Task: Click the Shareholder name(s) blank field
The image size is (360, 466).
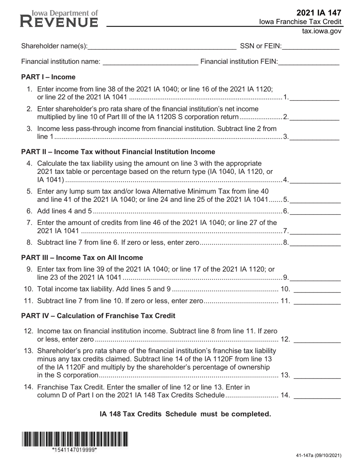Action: click(162, 47)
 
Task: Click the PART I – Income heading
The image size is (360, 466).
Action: click(48, 77)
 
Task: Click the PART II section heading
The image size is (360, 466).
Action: click(118, 152)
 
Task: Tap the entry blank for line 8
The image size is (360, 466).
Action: click(315, 243)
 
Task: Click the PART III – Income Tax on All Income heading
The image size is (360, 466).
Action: click(82, 258)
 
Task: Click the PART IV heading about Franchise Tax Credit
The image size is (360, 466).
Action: click(98, 316)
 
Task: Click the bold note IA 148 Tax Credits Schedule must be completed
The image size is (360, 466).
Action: click(185, 414)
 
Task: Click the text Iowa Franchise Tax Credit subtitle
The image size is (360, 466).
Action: click(300, 22)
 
